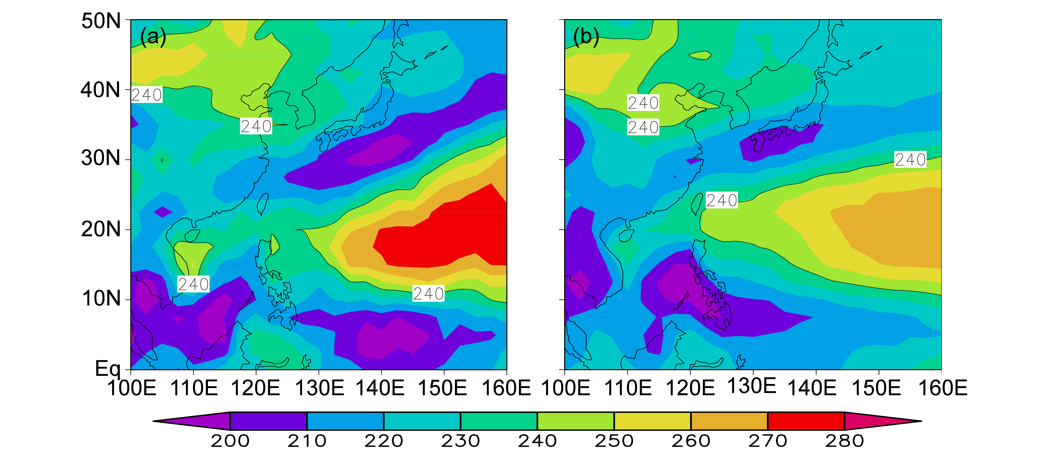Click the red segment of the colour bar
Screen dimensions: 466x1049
tap(806, 421)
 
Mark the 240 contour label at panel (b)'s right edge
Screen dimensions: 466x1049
tap(910, 159)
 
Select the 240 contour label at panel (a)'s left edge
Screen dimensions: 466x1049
tap(147, 95)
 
